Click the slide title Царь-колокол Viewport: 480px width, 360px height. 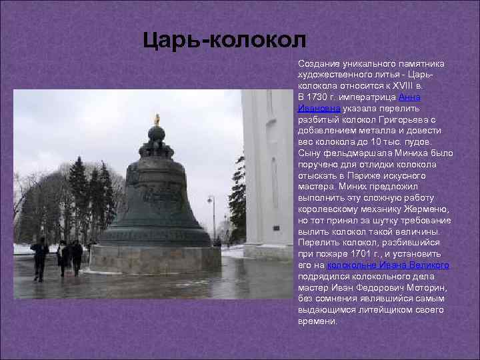click(x=225, y=41)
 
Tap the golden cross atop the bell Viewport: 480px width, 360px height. click(x=157, y=119)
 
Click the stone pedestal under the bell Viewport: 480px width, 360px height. click(x=155, y=259)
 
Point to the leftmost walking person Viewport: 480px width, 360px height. click(x=39, y=257)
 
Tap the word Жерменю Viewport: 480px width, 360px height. click(x=428, y=209)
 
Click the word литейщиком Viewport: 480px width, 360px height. click(x=391, y=310)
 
